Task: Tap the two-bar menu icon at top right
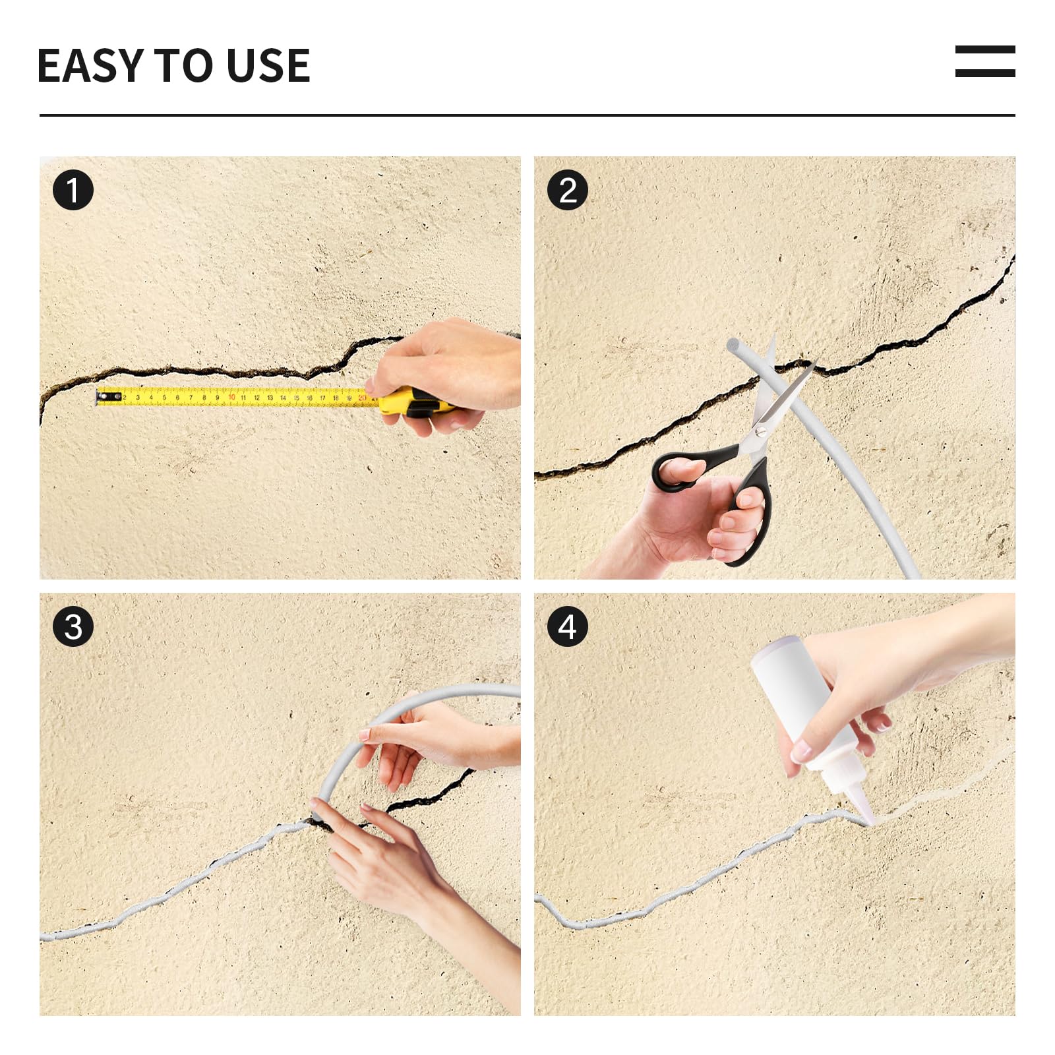tap(984, 61)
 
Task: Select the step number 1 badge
tap(73, 191)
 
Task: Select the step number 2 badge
tap(567, 191)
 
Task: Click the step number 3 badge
tap(73, 626)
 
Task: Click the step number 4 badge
tap(567, 626)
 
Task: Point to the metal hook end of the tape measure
tap(101, 397)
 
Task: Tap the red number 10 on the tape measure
tap(231, 398)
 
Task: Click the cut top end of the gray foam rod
tap(733, 345)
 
